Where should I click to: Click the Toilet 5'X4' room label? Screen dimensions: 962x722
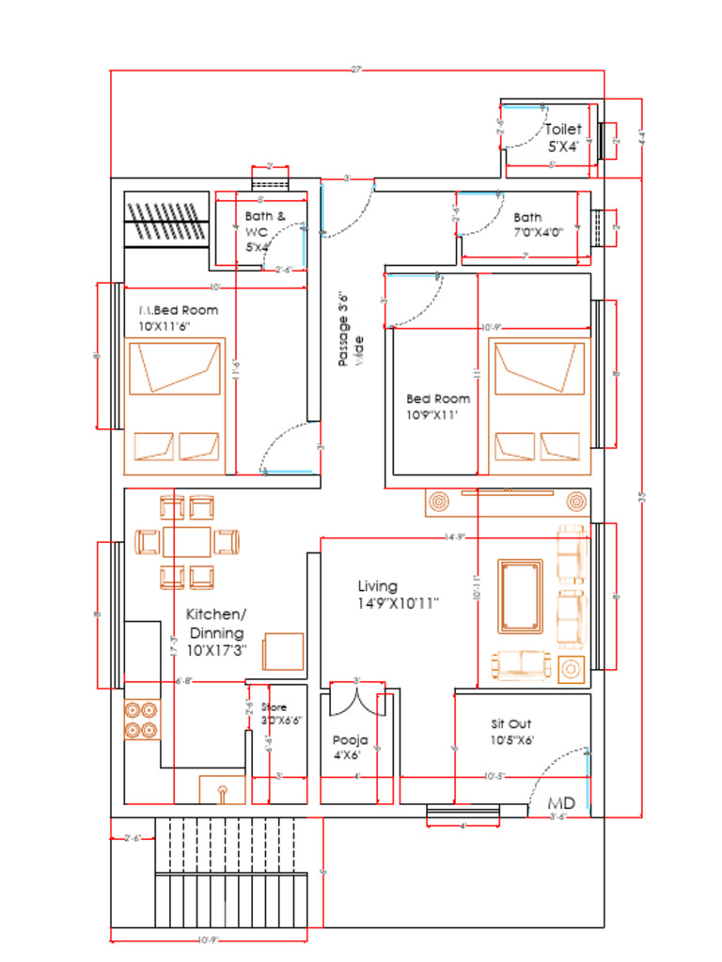(563, 137)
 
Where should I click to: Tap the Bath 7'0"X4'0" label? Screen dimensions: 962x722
(538, 225)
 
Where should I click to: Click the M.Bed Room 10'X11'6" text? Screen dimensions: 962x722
(179, 318)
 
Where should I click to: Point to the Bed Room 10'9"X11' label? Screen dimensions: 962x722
(437, 406)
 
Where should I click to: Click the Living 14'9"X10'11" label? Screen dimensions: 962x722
(398, 594)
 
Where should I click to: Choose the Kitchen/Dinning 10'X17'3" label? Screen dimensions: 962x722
(215, 632)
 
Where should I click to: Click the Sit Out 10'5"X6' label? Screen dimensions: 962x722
(511, 732)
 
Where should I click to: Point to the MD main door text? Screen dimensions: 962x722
(562, 804)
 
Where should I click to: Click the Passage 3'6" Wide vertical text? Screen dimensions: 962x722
(350, 334)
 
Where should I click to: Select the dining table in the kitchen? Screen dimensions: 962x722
(186, 543)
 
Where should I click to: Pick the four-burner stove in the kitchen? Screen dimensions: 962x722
(140, 718)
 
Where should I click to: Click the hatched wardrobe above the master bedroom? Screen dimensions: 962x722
(165, 221)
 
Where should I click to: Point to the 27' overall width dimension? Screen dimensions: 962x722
(356, 70)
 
